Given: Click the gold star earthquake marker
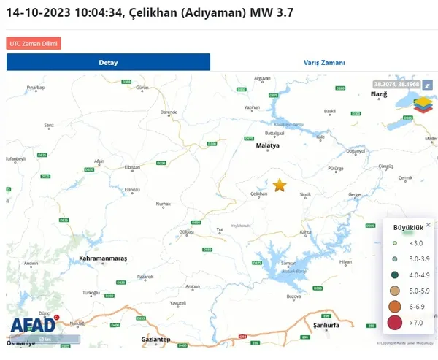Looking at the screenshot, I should [280, 185].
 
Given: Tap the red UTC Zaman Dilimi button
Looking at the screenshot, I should [34, 44].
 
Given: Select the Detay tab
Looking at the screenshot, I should [108, 63].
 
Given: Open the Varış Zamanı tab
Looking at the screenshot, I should [324, 63].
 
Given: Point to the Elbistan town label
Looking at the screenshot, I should [132, 167].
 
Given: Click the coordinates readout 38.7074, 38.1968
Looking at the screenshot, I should [396, 84].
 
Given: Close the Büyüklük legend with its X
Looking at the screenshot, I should [428, 226].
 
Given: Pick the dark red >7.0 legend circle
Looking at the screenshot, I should [395, 322].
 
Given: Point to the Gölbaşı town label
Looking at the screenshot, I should [187, 231].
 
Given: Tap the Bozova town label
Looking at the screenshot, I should [293, 296].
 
